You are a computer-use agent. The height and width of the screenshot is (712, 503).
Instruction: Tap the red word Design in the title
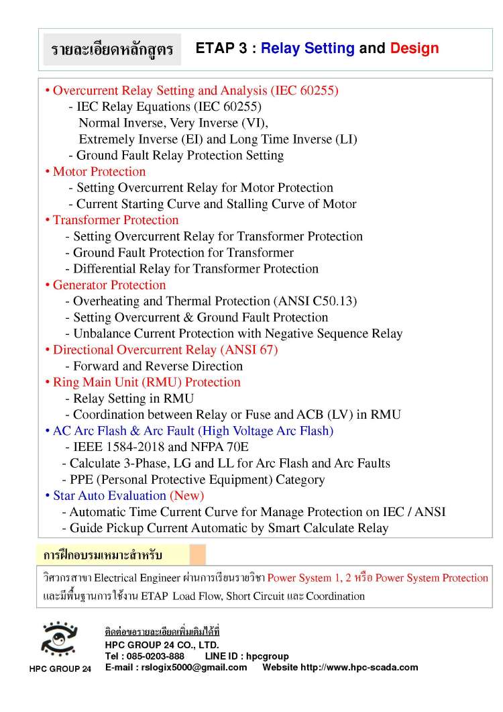click(x=414, y=48)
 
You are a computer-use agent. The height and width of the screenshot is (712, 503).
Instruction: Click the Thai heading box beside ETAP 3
click(x=112, y=50)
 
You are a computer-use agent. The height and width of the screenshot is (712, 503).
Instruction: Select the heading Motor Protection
click(x=99, y=172)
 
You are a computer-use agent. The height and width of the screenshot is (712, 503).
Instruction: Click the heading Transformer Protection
click(x=115, y=220)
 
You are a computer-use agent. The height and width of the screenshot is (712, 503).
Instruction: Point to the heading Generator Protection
click(x=109, y=285)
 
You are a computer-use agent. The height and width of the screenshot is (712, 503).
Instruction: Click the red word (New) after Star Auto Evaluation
click(x=186, y=496)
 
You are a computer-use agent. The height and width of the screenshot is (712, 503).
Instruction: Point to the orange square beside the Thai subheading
click(x=197, y=555)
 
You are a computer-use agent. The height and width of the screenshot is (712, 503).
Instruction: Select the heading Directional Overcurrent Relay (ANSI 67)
click(x=165, y=350)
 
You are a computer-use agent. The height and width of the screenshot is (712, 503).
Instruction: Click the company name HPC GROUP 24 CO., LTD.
click(x=162, y=645)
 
